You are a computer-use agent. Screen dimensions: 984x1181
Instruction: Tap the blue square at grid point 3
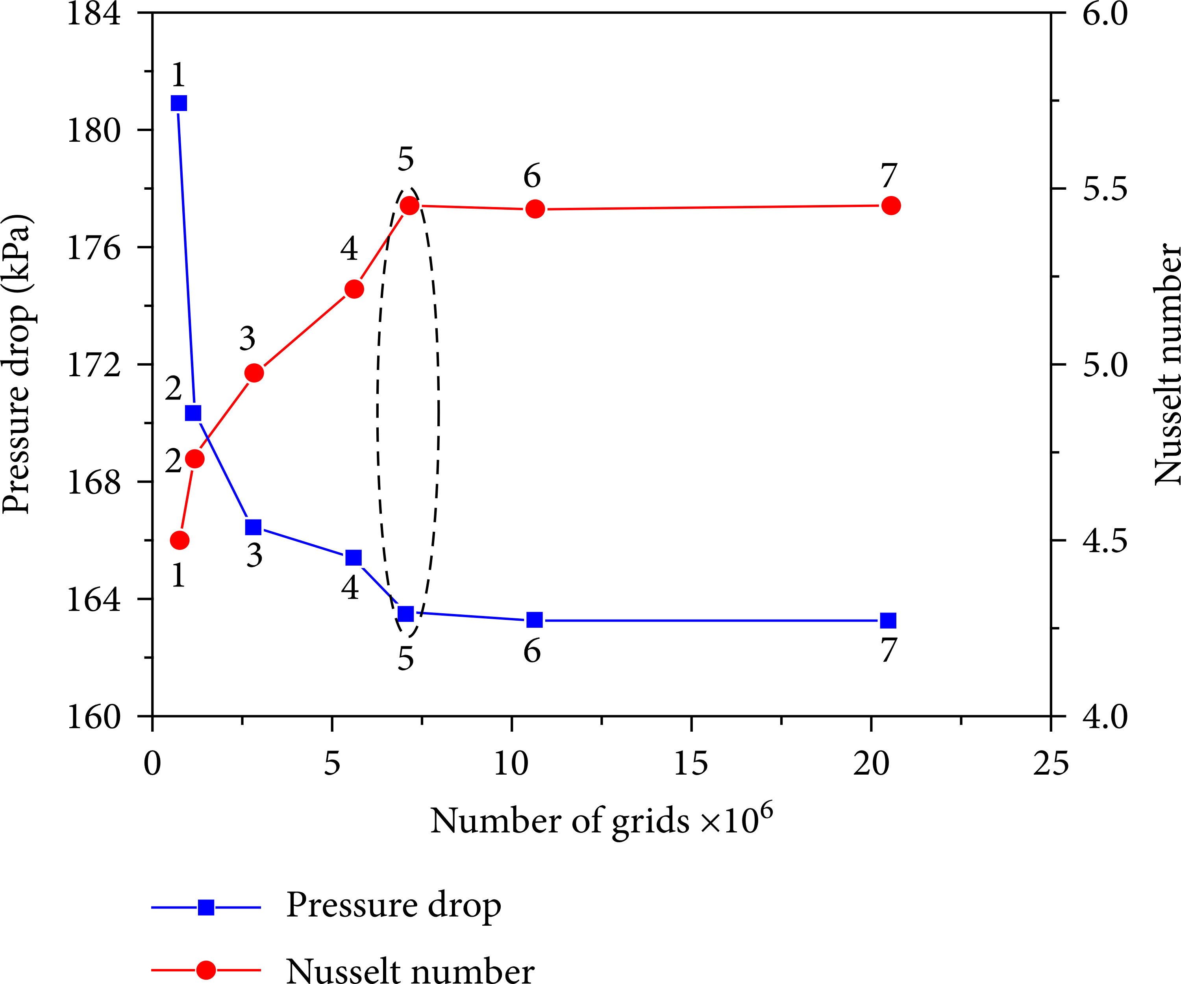point(254,527)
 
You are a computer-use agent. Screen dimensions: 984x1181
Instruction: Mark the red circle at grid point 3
point(254,373)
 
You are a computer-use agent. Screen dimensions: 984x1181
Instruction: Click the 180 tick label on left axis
point(93,130)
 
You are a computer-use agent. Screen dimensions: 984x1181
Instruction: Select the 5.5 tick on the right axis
point(1105,189)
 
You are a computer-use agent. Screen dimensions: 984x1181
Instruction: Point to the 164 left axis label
point(93,599)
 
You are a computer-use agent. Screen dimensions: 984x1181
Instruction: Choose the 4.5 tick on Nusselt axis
point(1105,541)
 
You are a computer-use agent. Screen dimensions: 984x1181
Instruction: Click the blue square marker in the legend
point(206,907)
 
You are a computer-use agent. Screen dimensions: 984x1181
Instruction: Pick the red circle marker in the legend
point(206,970)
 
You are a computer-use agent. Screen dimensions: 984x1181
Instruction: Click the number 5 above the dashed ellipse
point(405,159)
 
